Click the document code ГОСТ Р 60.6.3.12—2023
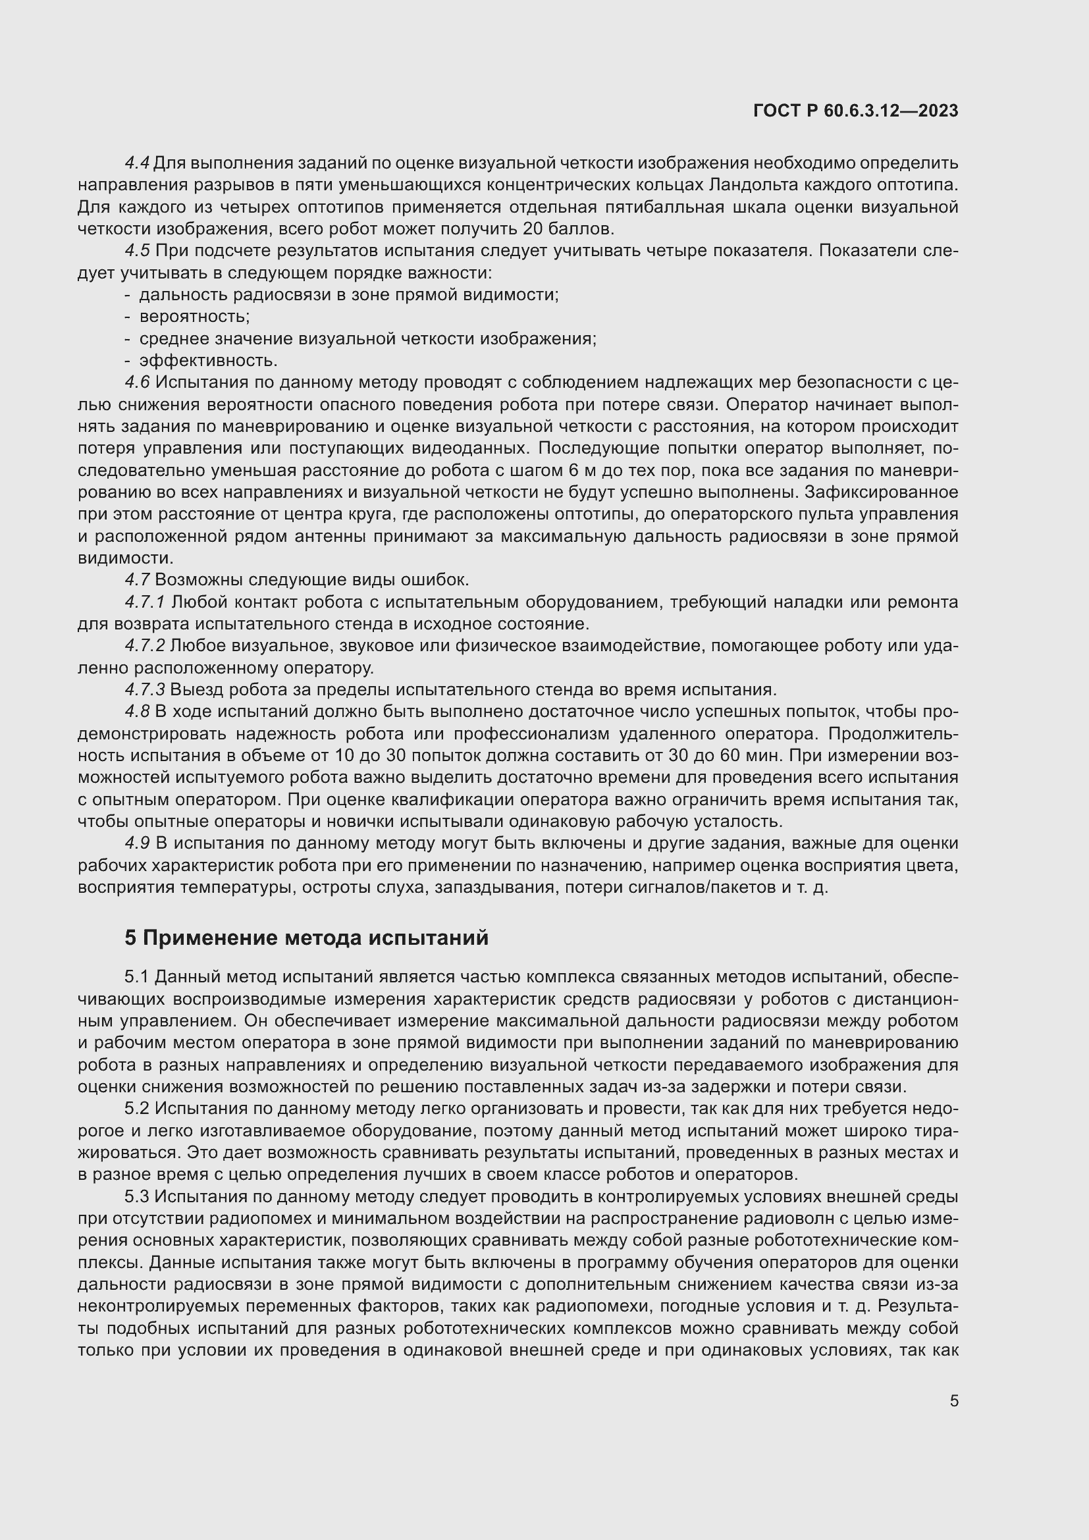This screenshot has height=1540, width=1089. [x=856, y=111]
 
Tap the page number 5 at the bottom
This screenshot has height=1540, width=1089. [x=953, y=1401]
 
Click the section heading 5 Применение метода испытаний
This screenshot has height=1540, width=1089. [x=306, y=938]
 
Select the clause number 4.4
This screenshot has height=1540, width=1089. [x=138, y=163]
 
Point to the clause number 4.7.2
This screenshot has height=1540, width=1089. [x=145, y=646]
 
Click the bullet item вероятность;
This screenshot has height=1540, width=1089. [x=194, y=317]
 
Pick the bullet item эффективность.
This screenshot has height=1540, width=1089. [x=208, y=361]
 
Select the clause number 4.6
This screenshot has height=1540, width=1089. [x=138, y=383]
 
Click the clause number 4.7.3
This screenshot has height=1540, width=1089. [x=145, y=689]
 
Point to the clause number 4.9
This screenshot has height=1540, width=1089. [x=138, y=844]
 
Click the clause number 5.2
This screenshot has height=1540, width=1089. [x=138, y=1109]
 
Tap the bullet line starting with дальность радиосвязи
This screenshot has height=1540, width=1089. [x=349, y=295]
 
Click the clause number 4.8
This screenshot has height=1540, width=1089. [x=138, y=712]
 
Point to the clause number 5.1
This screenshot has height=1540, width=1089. [x=138, y=976]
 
